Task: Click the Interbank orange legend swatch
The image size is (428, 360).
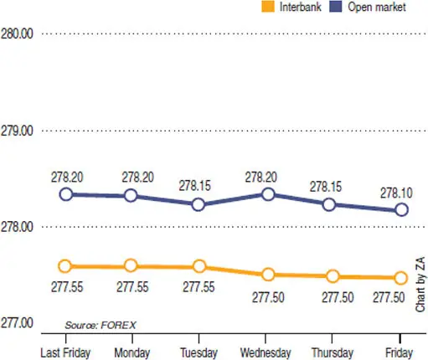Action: pyautogui.click(x=268, y=7)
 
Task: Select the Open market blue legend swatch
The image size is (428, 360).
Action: pyautogui.click(x=336, y=7)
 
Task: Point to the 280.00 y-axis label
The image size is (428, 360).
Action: pyautogui.click(x=17, y=34)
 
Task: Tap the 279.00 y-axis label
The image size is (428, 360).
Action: pyautogui.click(x=17, y=131)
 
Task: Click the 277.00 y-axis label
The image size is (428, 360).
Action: pyautogui.click(x=17, y=323)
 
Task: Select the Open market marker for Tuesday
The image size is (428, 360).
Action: pyautogui.click(x=199, y=204)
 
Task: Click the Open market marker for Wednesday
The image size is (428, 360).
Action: pyautogui.click(x=268, y=194)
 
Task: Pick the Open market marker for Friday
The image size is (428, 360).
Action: pyautogui.click(x=401, y=209)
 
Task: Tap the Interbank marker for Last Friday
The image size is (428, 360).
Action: pyautogui.click(x=64, y=266)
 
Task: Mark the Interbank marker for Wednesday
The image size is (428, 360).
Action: pyautogui.click(x=268, y=275)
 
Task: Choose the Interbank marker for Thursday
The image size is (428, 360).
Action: pyautogui.click(x=333, y=276)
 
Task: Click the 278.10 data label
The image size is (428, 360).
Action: pyautogui.click(x=396, y=193)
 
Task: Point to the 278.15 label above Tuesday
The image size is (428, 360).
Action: pyautogui.click(x=195, y=186)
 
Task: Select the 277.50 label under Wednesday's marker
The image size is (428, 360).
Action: pyautogui.click(x=268, y=297)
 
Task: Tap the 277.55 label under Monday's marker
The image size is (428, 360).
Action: pyautogui.click(x=132, y=287)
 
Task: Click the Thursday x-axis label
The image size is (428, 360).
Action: pyautogui.click(x=333, y=352)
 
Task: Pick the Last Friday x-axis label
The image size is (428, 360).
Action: pyautogui.click(x=65, y=352)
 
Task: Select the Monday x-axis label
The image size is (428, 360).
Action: pyautogui.click(x=132, y=353)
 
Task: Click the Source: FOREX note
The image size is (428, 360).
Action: pyautogui.click(x=101, y=325)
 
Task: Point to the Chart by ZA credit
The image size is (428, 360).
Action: pyautogui.click(x=420, y=285)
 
